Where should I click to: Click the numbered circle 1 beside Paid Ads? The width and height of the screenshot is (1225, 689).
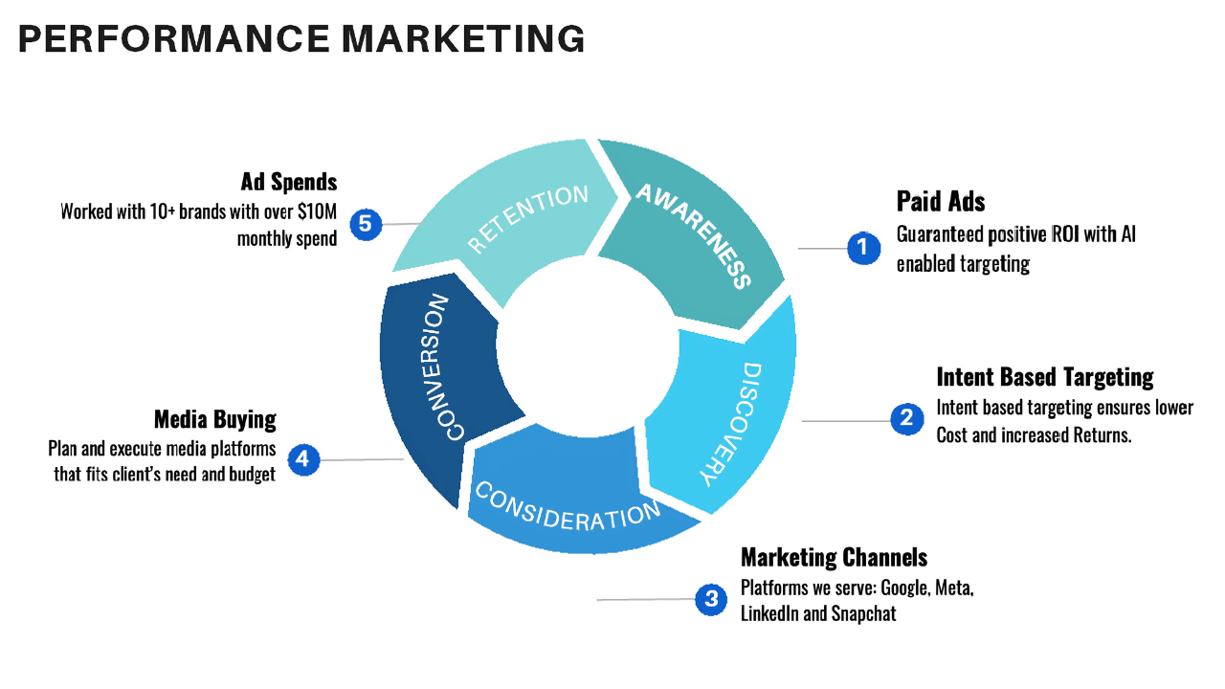click(863, 248)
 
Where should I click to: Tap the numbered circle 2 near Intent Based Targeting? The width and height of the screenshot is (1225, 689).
click(906, 418)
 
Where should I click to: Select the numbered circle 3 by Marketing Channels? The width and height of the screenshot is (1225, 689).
click(711, 600)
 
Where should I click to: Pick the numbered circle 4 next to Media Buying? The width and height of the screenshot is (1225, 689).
click(302, 459)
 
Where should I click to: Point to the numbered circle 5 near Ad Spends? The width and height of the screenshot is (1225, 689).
click(365, 225)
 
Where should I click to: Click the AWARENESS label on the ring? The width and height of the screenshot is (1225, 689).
click(694, 234)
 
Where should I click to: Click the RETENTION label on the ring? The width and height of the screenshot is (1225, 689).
click(527, 219)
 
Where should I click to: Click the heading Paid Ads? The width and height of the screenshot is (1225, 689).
click(941, 201)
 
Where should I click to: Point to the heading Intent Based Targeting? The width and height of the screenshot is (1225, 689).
click(1045, 376)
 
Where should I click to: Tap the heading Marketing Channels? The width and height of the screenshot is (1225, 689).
click(834, 557)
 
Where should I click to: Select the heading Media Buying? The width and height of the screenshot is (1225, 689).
click(214, 419)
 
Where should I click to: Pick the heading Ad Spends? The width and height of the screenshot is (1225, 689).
click(289, 182)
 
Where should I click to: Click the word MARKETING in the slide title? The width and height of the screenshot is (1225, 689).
click(463, 39)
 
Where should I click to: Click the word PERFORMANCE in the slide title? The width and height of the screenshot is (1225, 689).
click(173, 39)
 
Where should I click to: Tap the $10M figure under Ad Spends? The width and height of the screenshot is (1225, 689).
click(317, 211)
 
